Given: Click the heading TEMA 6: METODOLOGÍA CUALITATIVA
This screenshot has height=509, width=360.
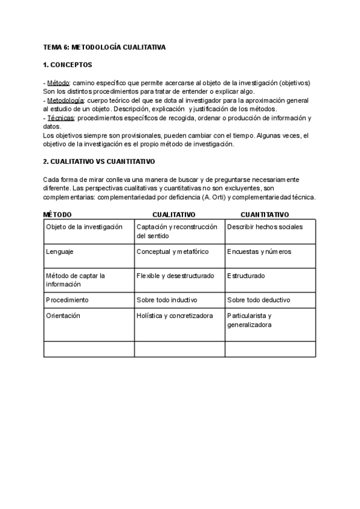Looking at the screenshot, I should pyautogui.click(x=105, y=47).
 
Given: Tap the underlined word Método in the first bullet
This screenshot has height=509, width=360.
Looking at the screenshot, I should pyautogui.click(x=58, y=82).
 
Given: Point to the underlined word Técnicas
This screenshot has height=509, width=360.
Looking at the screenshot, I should pyautogui.click(x=61, y=118).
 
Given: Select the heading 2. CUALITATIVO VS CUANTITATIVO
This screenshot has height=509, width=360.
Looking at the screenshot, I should pyautogui.click(x=100, y=162).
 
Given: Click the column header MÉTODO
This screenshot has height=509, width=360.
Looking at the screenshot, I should pyautogui.click(x=58, y=214).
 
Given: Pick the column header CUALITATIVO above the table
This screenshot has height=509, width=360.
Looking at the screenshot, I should pyautogui.click(x=174, y=214).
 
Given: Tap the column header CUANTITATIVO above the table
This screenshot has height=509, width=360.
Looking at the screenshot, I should pyautogui.click(x=265, y=214).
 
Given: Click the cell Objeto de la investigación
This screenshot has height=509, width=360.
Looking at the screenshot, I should pyautogui.click(x=84, y=227).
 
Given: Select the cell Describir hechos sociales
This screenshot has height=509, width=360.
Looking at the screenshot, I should pyautogui.click(x=265, y=227).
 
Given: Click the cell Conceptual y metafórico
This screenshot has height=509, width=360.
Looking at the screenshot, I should pyautogui.click(x=173, y=251).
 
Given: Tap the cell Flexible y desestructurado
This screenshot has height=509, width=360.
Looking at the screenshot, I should pyautogui.click(x=175, y=276).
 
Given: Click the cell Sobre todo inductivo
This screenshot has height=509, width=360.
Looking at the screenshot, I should pyautogui.click(x=167, y=300).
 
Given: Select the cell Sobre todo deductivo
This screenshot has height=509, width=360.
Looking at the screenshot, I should pyautogui.click(x=259, y=300).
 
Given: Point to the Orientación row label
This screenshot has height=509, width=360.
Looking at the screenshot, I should pyautogui.click(x=63, y=315).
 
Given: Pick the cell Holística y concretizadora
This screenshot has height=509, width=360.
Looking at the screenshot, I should pyautogui.click(x=175, y=315).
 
